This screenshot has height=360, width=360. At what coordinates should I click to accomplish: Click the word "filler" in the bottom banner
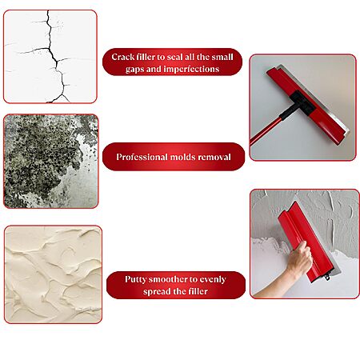click(x=198, y=291)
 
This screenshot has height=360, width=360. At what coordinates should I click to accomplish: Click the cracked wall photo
click(x=50, y=57)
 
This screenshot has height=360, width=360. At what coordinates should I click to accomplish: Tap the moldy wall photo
click(x=51, y=162)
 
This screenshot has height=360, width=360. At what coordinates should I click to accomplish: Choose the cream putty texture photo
click(x=53, y=274)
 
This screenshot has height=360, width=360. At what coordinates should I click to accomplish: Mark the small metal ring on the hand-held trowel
click(x=327, y=278)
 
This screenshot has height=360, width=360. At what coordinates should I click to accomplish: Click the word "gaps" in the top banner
click(x=135, y=70)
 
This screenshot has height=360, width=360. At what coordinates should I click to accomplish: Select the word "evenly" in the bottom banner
click(x=213, y=280)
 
